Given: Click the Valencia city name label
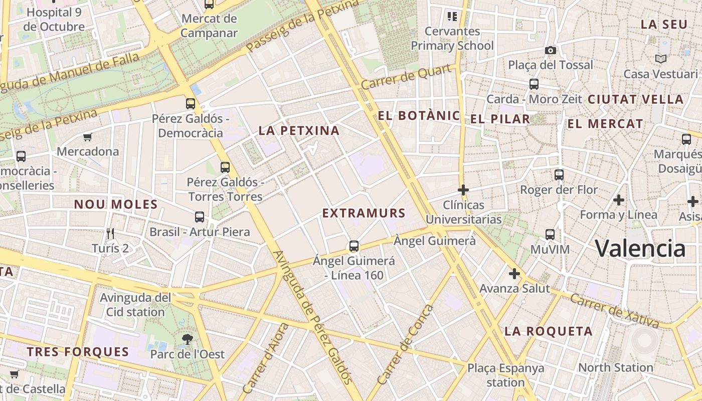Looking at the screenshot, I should point(640,248).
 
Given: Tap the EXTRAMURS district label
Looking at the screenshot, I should point(364,213).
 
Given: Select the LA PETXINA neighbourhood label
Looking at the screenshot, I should point(299,131).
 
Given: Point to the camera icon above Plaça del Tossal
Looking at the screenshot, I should point(550,50).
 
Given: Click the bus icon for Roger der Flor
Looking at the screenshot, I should point(559,175).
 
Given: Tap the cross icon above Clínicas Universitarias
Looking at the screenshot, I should point(463,190).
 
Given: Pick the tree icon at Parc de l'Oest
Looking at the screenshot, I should point(188,339).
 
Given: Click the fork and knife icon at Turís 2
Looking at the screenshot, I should point(110,233).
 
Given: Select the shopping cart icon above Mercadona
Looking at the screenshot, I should point(88,137).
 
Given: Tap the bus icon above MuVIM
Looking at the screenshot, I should point(550,234).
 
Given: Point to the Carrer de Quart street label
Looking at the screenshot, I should point(406,77).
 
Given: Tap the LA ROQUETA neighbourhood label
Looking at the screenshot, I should point(549,331).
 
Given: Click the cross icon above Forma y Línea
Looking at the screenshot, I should point(619,200).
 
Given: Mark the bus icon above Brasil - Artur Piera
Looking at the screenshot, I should point(200,217).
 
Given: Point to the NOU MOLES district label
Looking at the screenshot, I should point(116,205).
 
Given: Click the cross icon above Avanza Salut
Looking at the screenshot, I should point(514,274).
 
